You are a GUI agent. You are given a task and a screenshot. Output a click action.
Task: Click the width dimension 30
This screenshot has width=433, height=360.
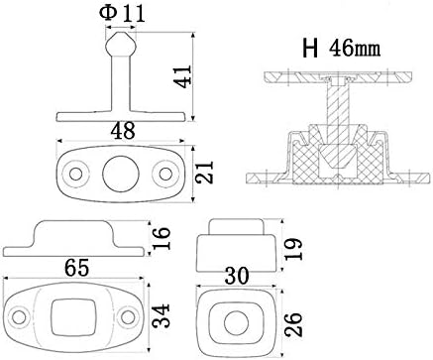pos(235,273)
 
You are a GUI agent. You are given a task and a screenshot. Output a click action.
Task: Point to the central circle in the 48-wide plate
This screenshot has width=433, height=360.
pos(120,171)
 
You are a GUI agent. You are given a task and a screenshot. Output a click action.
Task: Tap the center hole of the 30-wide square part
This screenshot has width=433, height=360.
pos(236,322)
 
